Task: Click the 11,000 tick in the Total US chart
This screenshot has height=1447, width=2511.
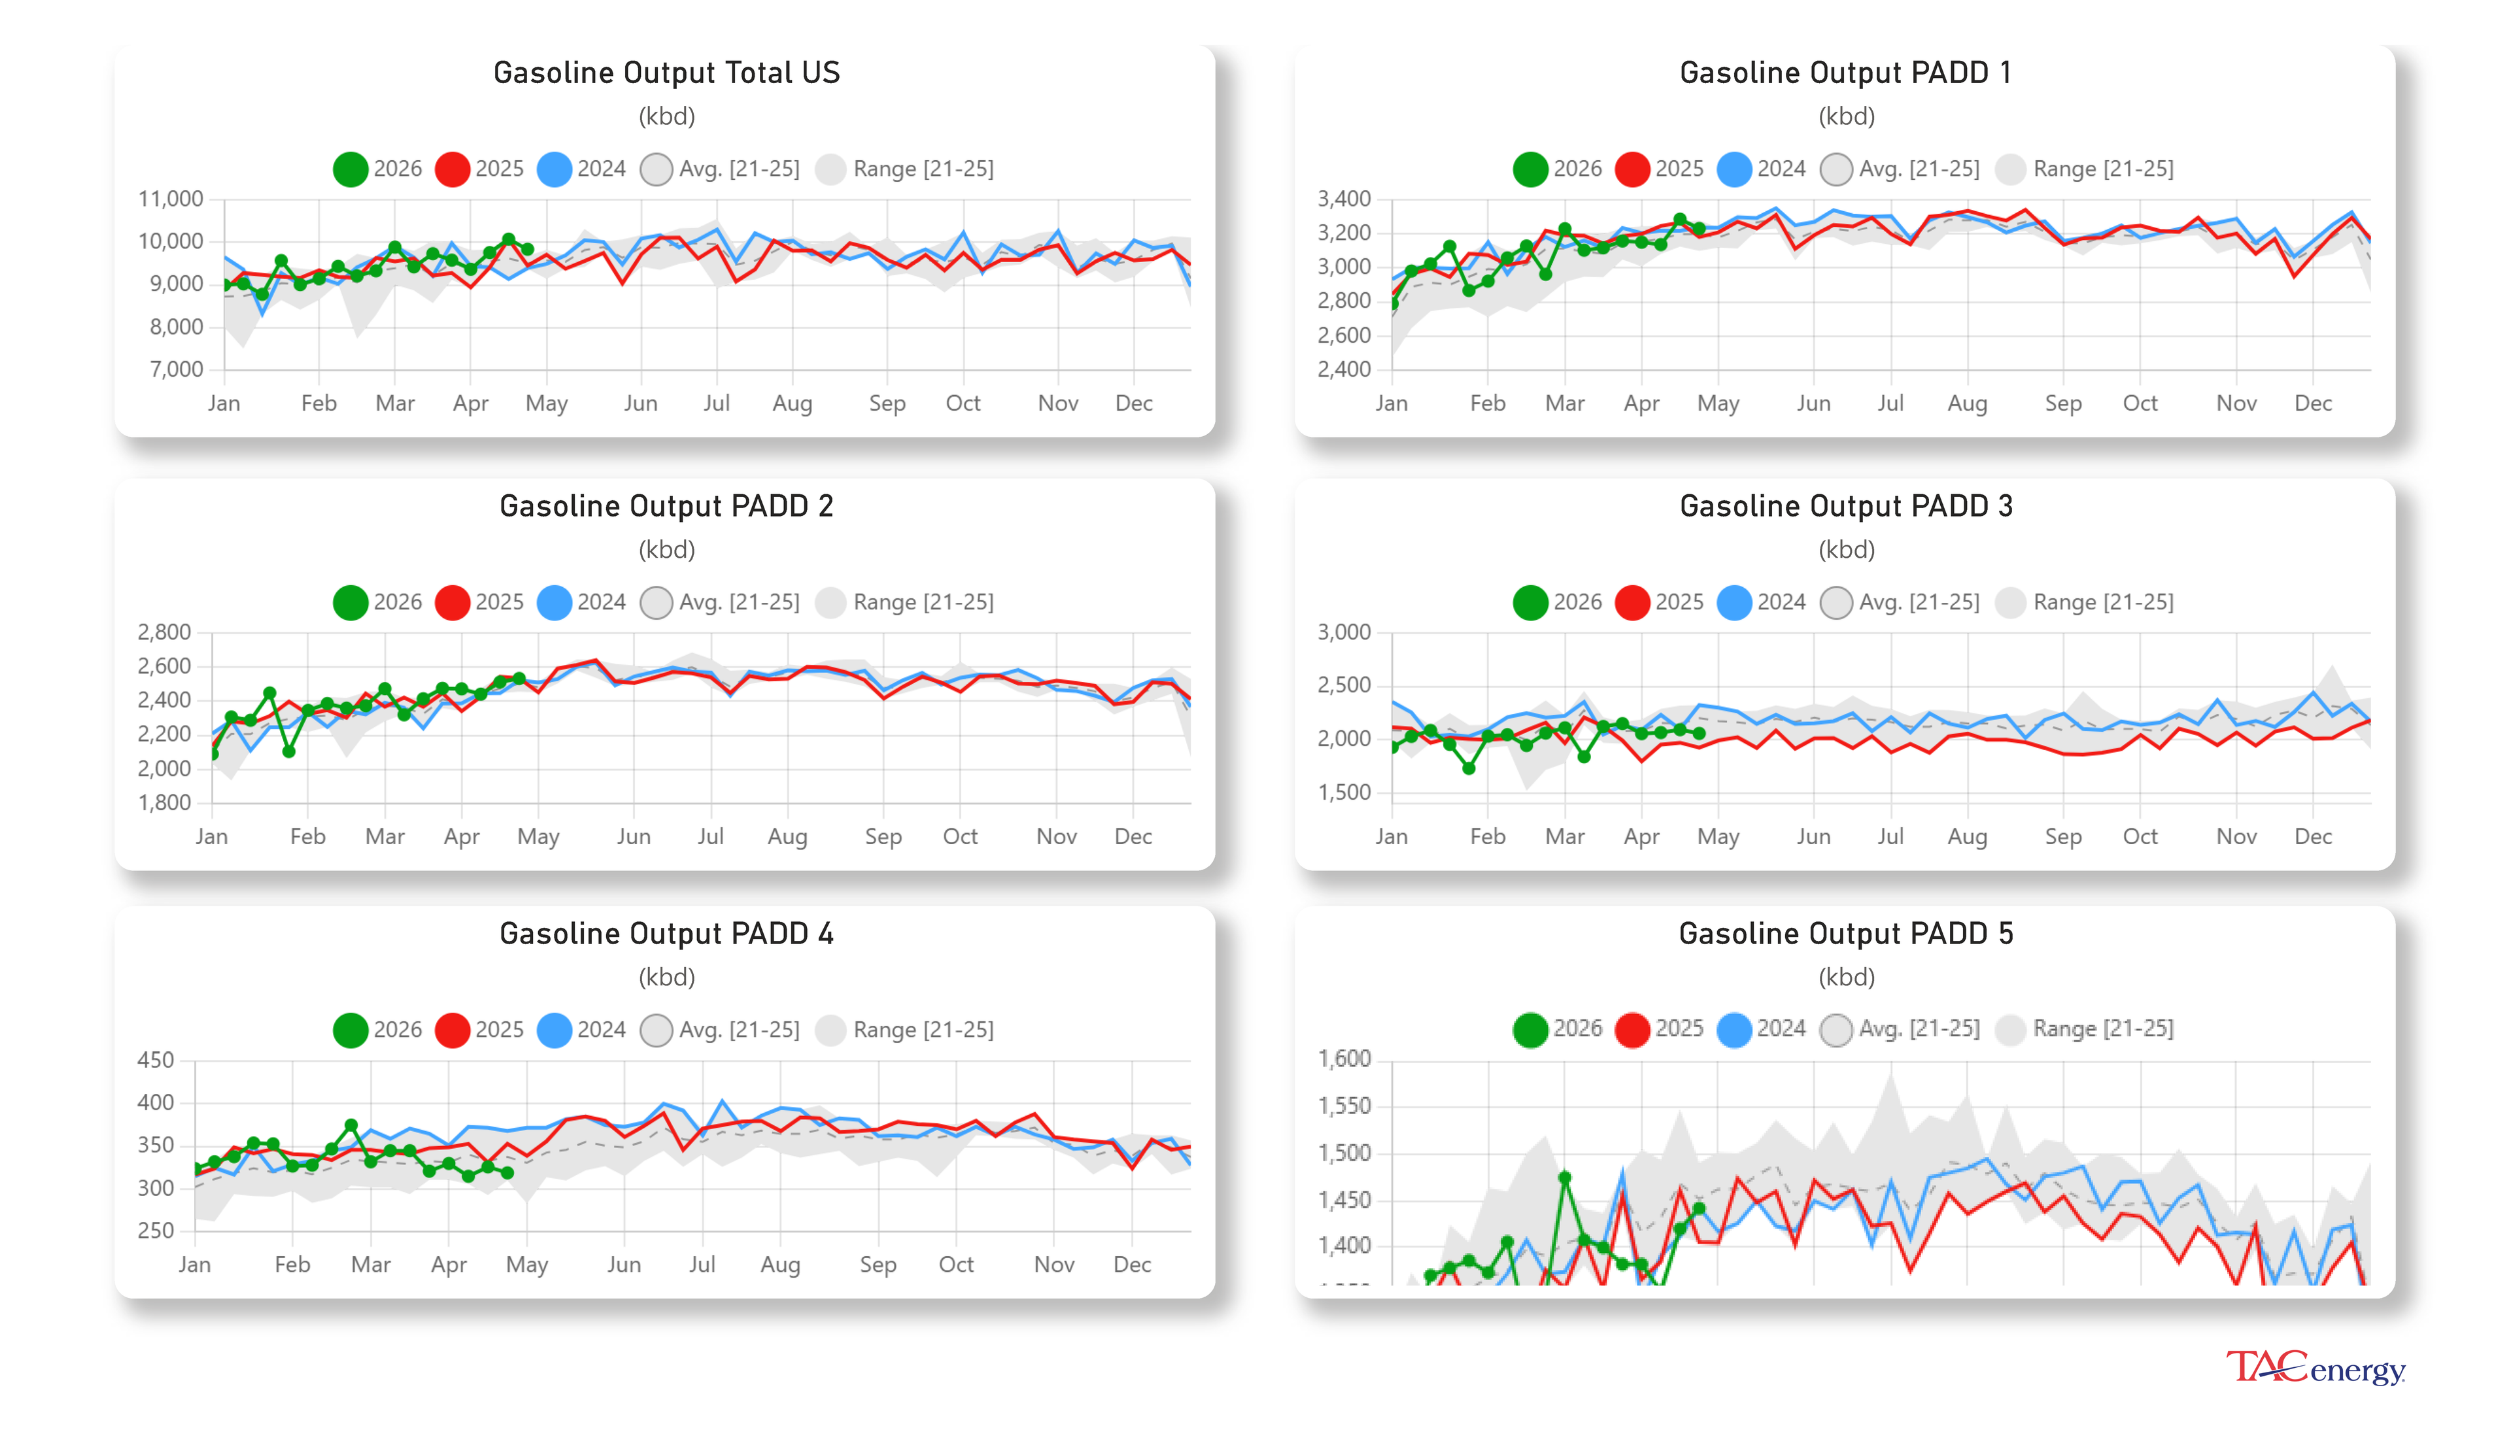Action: (x=170, y=199)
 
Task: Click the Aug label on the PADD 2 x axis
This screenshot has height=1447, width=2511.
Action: (x=787, y=837)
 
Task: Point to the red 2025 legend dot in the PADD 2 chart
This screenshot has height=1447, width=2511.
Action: (x=452, y=602)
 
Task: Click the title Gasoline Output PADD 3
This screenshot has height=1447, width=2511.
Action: (x=1845, y=506)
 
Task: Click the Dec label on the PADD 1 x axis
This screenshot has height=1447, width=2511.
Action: (x=2312, y=403)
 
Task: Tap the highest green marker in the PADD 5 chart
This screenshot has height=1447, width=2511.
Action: (x=1564, y=1178)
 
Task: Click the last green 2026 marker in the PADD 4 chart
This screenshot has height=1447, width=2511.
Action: (x=507, y=1173)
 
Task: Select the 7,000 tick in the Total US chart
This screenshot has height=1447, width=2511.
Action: (x=176, y=369)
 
